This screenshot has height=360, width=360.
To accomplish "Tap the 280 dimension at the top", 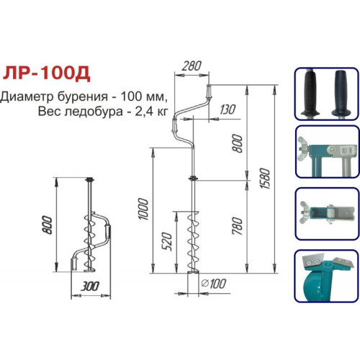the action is click(x=192, y=66).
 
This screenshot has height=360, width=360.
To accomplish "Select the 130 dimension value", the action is click(x=228, y=109).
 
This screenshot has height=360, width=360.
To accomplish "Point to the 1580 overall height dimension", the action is click(x=266, y=179).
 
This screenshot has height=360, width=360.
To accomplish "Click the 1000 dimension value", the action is click(x=144, y=209).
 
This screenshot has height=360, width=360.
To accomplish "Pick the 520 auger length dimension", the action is click(x=168, y=241).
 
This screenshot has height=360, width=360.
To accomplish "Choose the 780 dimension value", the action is click(x=238, y=226).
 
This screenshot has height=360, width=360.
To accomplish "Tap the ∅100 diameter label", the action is click(x=213, y=284).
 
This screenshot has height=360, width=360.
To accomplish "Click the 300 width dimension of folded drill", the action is click(x=90, y=287).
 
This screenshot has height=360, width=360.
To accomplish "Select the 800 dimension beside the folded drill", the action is click(x=47, y=225).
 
